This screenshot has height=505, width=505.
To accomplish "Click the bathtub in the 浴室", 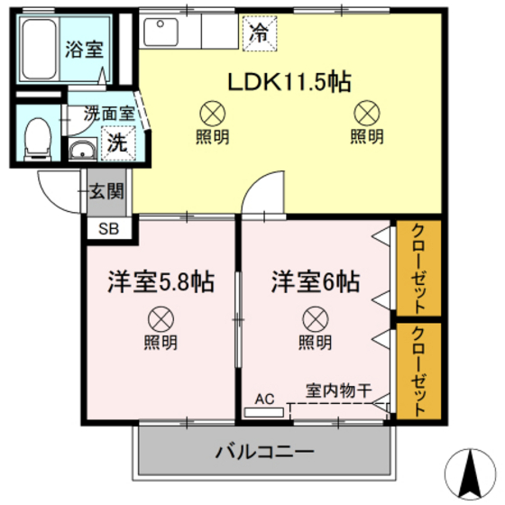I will tap(38, 50).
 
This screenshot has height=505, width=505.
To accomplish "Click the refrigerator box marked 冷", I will tap(258, 36).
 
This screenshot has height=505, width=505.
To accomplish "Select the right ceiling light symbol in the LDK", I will tap(366, 114).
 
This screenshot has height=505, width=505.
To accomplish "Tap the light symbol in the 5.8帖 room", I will tap(160, 318).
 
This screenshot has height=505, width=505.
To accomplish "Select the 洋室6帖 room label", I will tap(316, 282).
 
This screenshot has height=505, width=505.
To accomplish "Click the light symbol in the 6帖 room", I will tap(315, 318).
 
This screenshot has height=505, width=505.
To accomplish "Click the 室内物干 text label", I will tap(338, 391).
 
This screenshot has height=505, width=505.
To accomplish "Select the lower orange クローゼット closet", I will tap(419, 370).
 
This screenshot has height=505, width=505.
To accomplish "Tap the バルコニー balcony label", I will tap(264, 451).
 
